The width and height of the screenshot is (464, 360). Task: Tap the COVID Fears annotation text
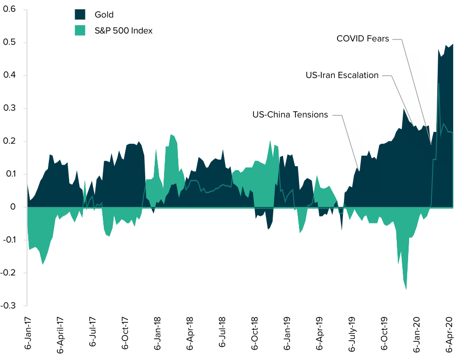tap(363, 38)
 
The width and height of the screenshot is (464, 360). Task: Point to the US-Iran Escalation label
tap(342, 75)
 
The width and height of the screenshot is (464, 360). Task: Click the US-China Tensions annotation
tap(290, 115)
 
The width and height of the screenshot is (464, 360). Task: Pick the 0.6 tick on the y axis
tap(10, 9)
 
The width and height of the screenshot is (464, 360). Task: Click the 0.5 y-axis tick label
tap(10, 43)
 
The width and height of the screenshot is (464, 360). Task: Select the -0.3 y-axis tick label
tap(8, 306)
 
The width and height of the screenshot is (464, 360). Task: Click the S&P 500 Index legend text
tap(124, 31)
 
